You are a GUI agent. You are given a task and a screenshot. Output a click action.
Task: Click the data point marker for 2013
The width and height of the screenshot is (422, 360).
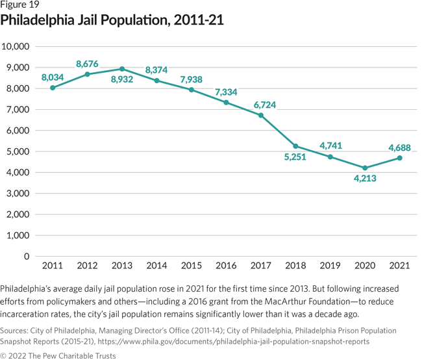click(121, 69)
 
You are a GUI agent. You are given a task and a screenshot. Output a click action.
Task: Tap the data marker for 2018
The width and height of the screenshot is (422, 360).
click(296, 146)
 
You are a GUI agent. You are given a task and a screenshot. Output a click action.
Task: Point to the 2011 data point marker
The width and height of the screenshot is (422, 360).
click(52, 88)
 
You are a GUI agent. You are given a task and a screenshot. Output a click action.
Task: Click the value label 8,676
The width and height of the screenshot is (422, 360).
click(88, 64)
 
